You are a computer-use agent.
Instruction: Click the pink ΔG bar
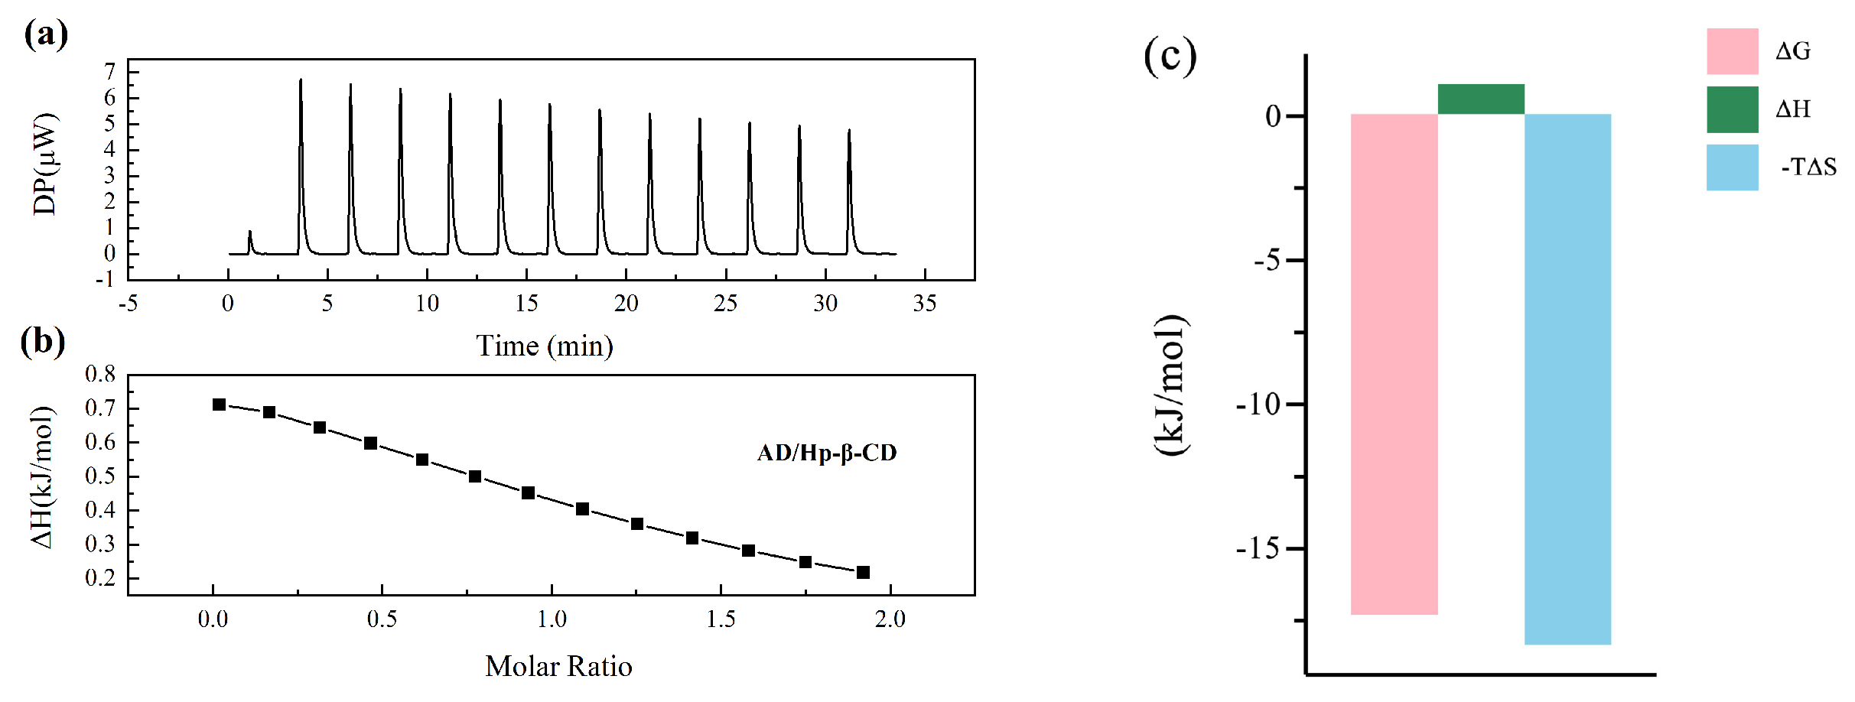[1394, 363]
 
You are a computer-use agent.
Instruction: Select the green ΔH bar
[1481, 99]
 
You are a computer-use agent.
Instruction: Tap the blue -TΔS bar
[1567, 379]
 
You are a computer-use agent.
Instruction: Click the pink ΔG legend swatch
[1732, 51]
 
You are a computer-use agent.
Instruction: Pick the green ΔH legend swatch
[1732, 109]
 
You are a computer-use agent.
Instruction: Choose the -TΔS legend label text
[1808, 167]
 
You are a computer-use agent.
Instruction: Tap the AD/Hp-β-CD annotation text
[827, 453]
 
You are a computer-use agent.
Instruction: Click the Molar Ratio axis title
[558, 667]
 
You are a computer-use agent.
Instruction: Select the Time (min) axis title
[545, 346]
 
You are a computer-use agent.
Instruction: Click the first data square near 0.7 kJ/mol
[220, 405]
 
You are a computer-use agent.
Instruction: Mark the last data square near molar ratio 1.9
[863, 572]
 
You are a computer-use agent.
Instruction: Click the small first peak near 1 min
[249, 232]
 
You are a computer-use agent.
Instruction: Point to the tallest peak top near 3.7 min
[301, 80]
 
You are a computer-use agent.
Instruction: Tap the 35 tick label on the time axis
[925, 304]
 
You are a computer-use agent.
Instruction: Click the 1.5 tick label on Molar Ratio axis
[721, 619]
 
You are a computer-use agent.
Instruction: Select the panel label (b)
[43, 341]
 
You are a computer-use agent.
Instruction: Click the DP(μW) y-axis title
[45, 164]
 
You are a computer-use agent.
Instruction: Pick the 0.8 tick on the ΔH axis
[100, 375]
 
